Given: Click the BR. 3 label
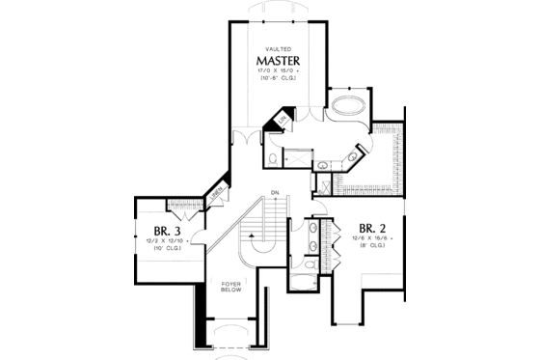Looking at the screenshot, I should pos(160,232).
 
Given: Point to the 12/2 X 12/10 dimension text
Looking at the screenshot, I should pos(160,243).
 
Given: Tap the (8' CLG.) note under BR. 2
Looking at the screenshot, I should pos(373,247).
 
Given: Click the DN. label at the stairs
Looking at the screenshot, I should pos(275,190).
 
